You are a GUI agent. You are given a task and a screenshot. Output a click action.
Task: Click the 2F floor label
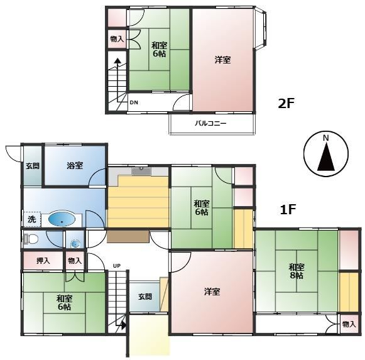[286, 104]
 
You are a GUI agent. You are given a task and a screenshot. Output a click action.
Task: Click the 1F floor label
[288, 209]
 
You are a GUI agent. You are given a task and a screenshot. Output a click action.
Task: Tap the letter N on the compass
[326, 138]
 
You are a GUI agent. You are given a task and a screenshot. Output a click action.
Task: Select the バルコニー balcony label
[210, 123]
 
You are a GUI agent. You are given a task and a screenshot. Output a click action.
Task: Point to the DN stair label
[134, 102]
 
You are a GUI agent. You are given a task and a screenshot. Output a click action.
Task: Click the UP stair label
[117, 266]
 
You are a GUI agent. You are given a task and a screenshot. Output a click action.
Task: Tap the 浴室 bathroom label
[75, 166]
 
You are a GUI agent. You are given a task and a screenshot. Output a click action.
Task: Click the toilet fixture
[31, 239]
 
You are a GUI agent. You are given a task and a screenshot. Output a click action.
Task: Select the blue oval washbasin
[62, 219]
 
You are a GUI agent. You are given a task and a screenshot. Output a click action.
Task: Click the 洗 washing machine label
[31, 219]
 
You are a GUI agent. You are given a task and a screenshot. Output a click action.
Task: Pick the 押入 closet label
[43, 261]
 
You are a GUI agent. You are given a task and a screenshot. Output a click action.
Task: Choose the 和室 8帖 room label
[297, 271]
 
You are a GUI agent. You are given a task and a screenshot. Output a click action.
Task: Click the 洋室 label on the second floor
[223, 60]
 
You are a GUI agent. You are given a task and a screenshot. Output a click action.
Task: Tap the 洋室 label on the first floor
[212, 292]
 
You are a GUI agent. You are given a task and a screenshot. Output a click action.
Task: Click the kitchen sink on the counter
[141, 171]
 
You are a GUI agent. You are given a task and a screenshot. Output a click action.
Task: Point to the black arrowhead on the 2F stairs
[117, 61]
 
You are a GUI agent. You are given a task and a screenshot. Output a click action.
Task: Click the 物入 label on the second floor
[117, 39]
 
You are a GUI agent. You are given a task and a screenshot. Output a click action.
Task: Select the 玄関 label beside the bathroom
[33, 166]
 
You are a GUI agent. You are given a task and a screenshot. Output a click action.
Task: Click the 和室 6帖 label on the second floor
[160, 49]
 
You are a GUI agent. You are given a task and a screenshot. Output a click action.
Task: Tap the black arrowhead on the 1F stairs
[123, 325]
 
